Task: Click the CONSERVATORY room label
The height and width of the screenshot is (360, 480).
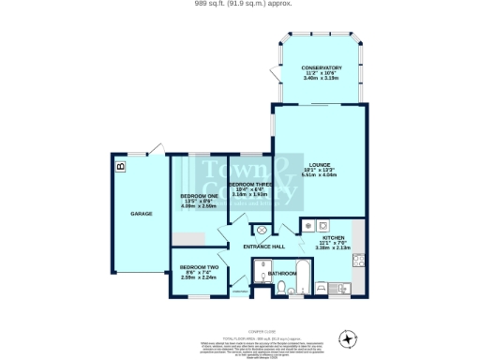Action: pyautogui.click(x=321, y=67)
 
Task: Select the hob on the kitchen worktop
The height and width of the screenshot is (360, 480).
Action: pyautogui.click(x=322, y=225)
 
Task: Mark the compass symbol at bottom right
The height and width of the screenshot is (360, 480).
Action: pyautogui.click(x=349, y=337)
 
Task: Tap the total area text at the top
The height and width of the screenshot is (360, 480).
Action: pyautogui.click(x=239, y=4)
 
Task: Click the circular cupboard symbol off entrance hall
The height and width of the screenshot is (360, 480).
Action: pyautogui.click(x=262, y=230)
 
